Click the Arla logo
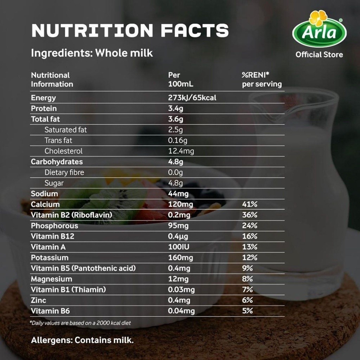pos(319,30)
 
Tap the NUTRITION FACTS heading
pos(130,31)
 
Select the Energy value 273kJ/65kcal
pos(192,98)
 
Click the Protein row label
pos(44,109)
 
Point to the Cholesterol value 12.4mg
pos(181,151)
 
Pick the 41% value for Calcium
pos(250,204)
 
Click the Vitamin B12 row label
pos(52,236)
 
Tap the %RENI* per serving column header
pos(262,80)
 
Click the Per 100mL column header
pos(181,80)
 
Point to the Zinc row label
pos(38,300)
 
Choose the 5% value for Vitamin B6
pos(247,311)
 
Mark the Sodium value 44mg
pos(178,194)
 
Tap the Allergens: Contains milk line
pos(83,340)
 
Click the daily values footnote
pos(81,323)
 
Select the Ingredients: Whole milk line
pos(92,53)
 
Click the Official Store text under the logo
pos(319,54)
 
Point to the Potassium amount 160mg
pos(181,258)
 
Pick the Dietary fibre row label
pos(64,173)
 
